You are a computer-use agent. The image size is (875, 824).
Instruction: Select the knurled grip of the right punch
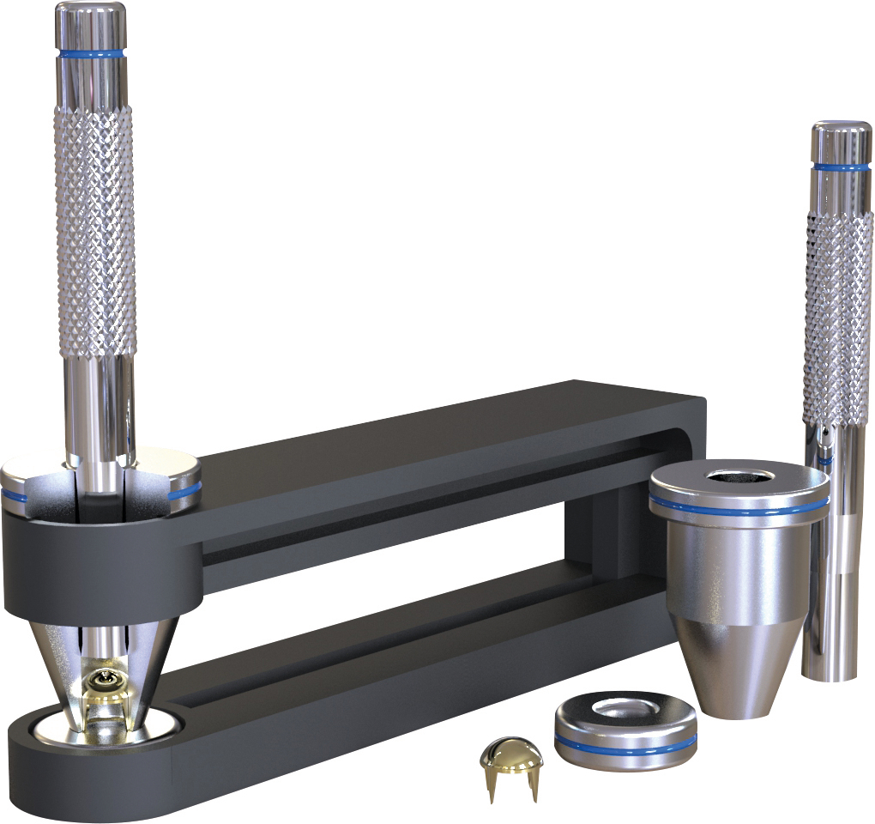click(837, 318)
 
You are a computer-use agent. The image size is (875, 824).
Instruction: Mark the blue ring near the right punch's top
click(841, 167)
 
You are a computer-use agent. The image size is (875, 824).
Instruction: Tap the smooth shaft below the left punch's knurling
click(100, 403)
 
